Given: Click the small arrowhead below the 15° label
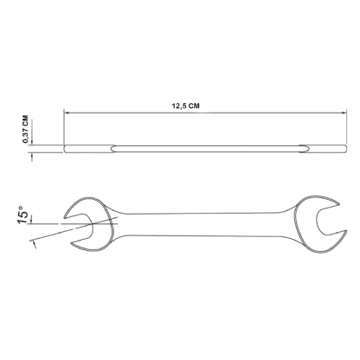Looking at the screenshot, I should [35, 244].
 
